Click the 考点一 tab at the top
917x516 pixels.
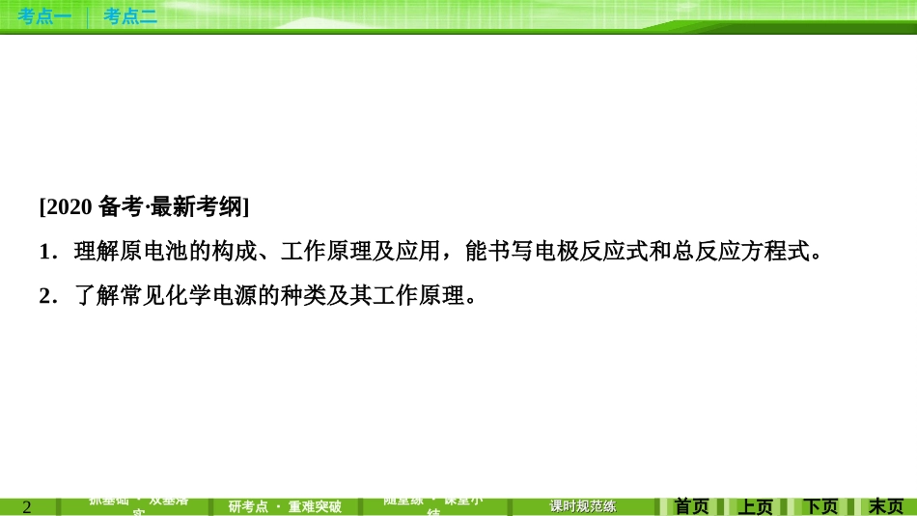[x=44, y=15]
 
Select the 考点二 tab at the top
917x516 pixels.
[x=130, y=15]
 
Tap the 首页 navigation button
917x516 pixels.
[x=691, y=506]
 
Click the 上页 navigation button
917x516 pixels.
[x=756, y=506]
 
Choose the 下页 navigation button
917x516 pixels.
[x=820, y=506]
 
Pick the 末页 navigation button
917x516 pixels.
[x=885, y=506]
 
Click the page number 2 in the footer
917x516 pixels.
[x=27, y=507]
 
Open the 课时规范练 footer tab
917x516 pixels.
[x=582, y=506]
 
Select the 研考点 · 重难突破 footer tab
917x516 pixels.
[x=285, y=506]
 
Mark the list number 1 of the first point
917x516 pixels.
[x=44, y=253]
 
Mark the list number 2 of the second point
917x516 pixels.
[x=44, y=296]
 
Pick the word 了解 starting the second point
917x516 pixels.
[x=83, y=296]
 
